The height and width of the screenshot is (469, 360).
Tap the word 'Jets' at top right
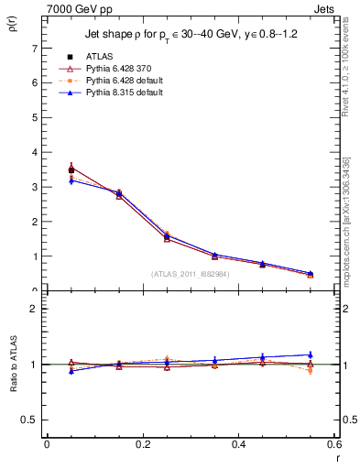point(326,8)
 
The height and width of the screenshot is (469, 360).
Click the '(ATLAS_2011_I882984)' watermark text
point(190,274)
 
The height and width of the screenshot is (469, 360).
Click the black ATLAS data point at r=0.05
point(71,169)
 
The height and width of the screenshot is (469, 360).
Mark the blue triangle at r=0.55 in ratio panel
point(311,354)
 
